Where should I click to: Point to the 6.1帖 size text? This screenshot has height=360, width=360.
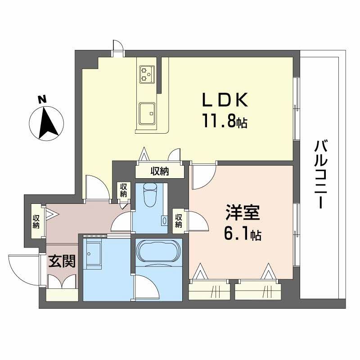242,234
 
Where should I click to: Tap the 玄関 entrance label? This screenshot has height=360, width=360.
62,261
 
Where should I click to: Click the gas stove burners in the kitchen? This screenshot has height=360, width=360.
147,73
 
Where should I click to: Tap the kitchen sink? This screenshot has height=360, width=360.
147,112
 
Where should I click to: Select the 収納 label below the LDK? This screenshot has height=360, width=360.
159,171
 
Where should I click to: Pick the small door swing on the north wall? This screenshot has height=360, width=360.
118,47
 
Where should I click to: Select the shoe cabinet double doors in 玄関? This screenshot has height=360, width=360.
62,281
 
